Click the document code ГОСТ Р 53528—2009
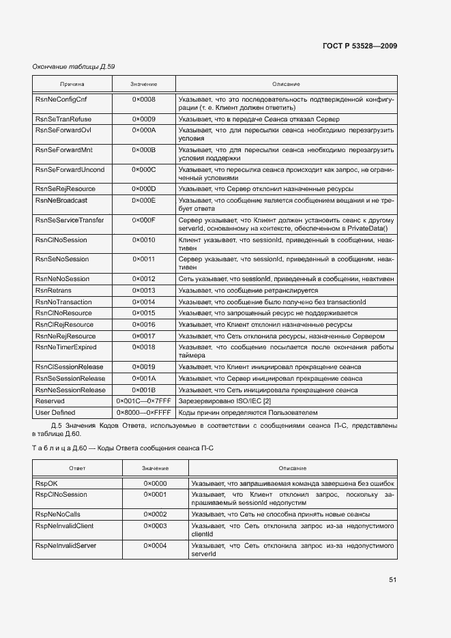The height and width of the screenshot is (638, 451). point(359,46)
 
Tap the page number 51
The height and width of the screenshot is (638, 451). point(392,579)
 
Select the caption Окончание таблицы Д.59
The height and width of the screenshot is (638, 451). point(74,67)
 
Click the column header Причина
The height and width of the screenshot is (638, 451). point(72,84)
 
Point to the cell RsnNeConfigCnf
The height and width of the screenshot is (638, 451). point(61,100)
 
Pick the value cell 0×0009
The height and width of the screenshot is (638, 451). point(144,119)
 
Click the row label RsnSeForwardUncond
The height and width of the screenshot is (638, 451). point(70,169)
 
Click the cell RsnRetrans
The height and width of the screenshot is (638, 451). point(53,291)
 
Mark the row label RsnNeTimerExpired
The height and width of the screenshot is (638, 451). point(66,347)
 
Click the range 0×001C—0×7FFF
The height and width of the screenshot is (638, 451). point(144,401)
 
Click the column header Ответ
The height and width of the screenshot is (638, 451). point(77,468)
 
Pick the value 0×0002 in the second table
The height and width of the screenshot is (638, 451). point(155,514)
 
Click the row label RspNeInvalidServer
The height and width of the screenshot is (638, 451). point(66,546)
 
